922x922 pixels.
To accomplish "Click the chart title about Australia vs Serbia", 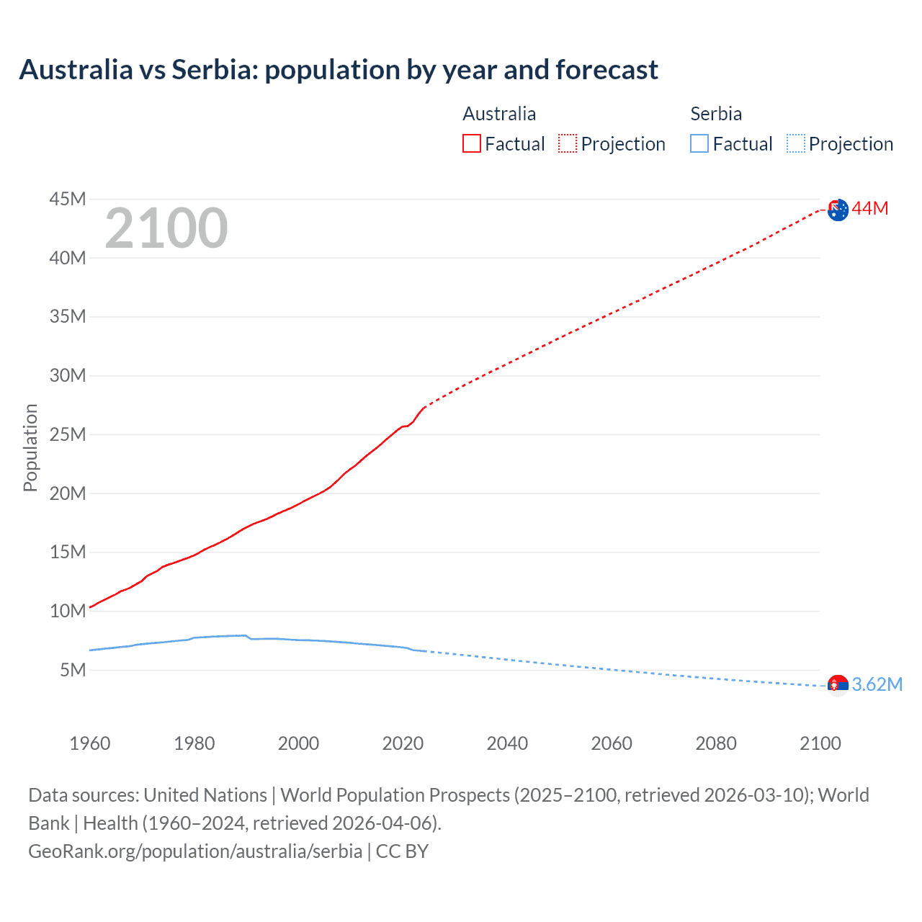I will tap(339, 70).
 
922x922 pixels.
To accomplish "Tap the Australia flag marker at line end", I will tap(838, 210).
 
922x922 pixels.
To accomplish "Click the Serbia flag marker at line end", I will tap(838, 685).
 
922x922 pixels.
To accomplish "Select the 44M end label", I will tap(870, 209).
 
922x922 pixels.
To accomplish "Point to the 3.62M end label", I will tap(877, 684).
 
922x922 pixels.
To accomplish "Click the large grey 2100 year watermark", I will tap(166, 229).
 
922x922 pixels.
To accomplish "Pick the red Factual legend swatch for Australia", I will tap(472, 143).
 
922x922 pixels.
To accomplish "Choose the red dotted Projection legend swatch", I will tap(568, 143).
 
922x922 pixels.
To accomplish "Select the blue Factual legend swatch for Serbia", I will tap(699, 143).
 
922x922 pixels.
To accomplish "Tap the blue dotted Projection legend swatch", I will tap(796, 143).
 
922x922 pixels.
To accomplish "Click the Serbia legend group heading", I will tap(716, 114).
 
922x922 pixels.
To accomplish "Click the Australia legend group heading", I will tap(499, 114).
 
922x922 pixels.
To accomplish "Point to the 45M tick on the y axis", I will tap(68, 199).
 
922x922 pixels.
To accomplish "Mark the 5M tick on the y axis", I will tap(73, 670).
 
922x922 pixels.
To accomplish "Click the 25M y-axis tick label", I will tap(68, 434).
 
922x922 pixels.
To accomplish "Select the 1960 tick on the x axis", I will tap(90, 743).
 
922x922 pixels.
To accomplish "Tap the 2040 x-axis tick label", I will tap(507, 743).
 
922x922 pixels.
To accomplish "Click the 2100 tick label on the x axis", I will tap(820, 743).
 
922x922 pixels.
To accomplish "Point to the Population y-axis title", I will tap(30, 447).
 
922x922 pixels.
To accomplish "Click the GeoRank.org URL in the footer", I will tap(195, 851).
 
